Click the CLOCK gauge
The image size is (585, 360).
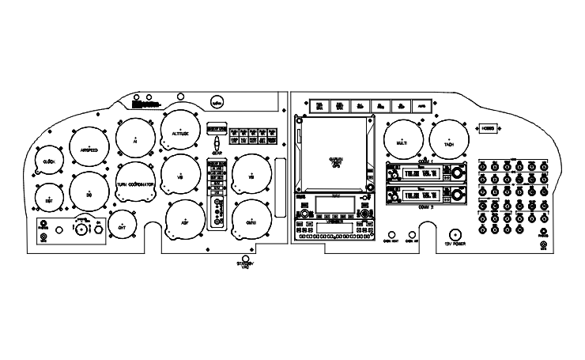coord(49,161)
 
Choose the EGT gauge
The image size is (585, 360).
coord(49,201)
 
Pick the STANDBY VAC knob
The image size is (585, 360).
coord(246,259)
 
